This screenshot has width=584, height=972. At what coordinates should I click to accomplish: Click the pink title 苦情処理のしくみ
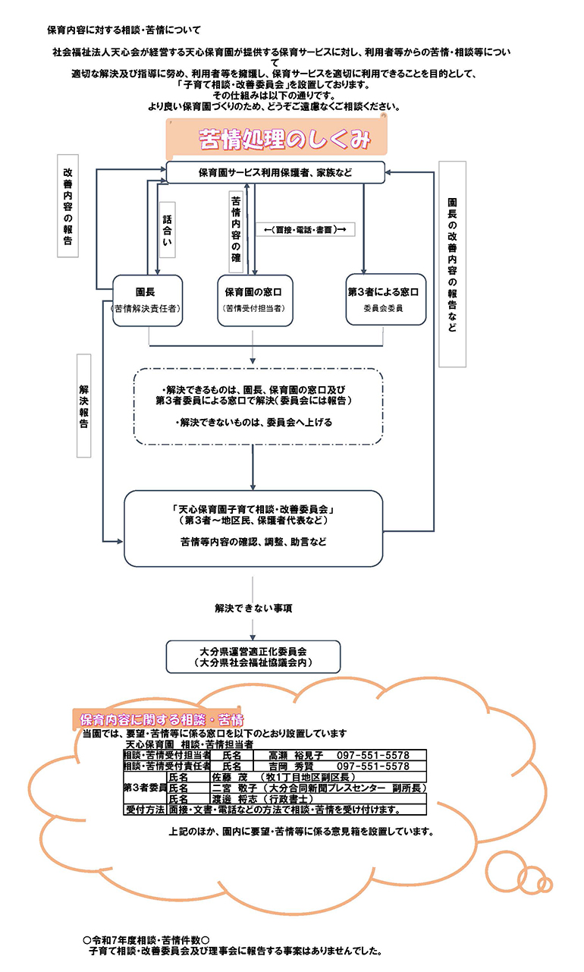click(x=284, y=140)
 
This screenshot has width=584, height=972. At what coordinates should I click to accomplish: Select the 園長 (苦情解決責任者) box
click(x=147, y=300)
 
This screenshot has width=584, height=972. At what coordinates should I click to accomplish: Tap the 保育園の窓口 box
click(x=255, y=300)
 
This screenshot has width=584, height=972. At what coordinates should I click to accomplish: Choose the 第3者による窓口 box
click(x=386, y=299)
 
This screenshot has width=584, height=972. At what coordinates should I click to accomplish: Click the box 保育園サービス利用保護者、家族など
click(x=275, y=172)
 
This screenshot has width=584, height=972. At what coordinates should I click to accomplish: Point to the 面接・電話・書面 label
click(x=305, y=230)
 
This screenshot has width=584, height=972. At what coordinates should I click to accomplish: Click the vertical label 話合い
click(x=168, y=230)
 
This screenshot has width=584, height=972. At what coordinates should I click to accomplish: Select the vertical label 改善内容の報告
click(x=68, y=206)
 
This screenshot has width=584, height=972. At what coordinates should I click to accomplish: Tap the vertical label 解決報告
click(x=83, y=406)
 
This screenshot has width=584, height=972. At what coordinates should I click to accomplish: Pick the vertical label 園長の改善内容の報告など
click(x=453, y=264)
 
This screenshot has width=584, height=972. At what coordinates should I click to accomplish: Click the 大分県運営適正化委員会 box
click(x=253, y=656)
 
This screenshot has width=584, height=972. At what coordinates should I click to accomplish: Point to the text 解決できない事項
click(x=253, y=608)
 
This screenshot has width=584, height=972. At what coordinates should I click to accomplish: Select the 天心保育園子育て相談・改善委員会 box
click(x=253, y=528)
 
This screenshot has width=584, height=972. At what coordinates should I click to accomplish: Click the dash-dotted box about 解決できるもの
click(x=258, y=407)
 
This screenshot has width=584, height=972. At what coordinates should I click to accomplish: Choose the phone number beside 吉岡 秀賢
click(x=373, y=766)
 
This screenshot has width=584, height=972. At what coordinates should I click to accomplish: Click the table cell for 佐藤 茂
click(x=318, y=777)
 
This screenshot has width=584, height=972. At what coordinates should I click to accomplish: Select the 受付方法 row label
click(x=146, y=810)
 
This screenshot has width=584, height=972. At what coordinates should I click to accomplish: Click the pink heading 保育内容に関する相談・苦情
click(x=162, y=720)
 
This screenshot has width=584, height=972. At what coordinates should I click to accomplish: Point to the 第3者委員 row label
click(x=146, y=788)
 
